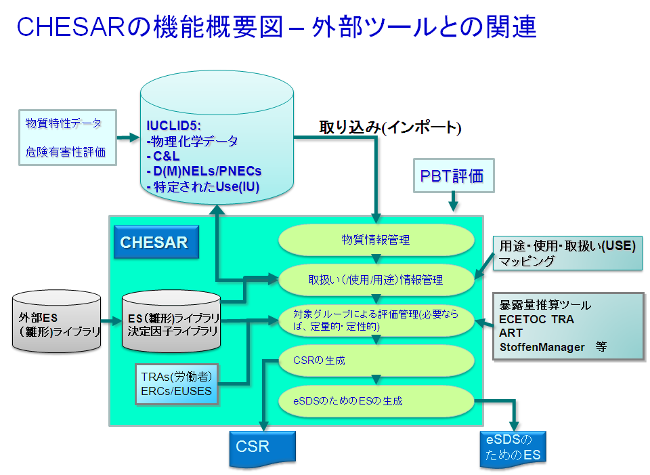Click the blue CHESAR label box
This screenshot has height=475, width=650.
coord(156,242)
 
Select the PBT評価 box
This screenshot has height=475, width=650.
coord(454,175)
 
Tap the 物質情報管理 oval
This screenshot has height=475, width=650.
coord(376,240)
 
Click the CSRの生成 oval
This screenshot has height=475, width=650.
coord(376,360)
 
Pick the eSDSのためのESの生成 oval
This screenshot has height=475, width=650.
coord(376,400)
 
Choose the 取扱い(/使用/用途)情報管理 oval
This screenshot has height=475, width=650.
coord(376,280)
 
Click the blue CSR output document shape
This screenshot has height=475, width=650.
coord(263,449)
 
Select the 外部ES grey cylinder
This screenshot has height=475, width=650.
coord(56,321)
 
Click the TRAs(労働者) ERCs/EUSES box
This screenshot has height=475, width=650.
coord(177,384)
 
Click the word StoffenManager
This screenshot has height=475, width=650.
coord(542,347)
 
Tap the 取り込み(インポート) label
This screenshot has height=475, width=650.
coord(390,127)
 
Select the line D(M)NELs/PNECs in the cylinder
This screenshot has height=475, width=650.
coord(204,171)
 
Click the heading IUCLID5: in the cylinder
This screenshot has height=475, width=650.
coord(174,125)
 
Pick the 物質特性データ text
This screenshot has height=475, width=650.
coord(64,123)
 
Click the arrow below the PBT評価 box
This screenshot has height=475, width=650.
coord(453,202)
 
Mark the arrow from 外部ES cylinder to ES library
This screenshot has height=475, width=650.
coord(111,321)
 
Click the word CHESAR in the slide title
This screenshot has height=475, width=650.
coord(71,27)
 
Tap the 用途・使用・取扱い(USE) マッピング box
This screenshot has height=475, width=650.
coord(567,253)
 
